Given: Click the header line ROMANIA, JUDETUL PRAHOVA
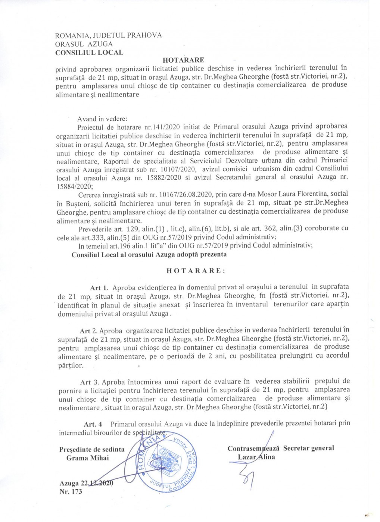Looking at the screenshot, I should [x=108, y=35].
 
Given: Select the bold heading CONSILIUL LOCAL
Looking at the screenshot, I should [x=89, y=53].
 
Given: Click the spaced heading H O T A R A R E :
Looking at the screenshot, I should [x=196, y=271].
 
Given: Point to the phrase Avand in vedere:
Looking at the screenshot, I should [x=102, y=119].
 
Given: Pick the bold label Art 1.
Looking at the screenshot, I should [x=99, y=287].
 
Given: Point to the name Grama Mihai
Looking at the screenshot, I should [x=88, y=458].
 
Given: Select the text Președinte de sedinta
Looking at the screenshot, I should [x=92, y=449].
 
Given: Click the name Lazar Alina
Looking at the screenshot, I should [x=256, y=457].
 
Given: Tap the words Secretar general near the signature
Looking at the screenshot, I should [x=308, y=448].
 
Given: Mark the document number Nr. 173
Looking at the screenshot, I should [x=71, y=492].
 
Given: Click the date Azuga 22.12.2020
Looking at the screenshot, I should [x=86, y=483].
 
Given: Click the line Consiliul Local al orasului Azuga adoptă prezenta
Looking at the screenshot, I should [x=149, y=255].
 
